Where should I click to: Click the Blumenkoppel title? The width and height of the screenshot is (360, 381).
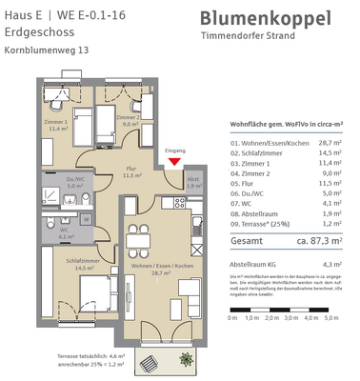click(x=266, y=19)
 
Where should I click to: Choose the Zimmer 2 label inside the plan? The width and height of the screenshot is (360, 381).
click(x=129, y=117)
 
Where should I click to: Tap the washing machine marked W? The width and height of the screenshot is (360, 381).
click(x=87, y=217)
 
